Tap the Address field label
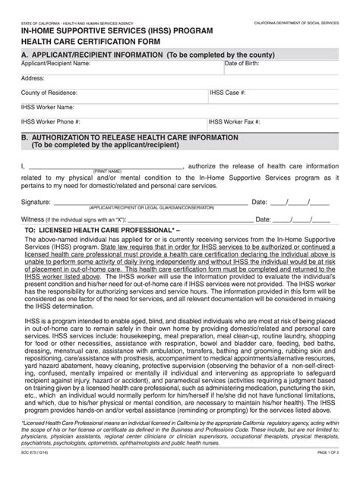[33, 77]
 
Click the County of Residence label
[52, 92]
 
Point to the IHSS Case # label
[229, 92]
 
